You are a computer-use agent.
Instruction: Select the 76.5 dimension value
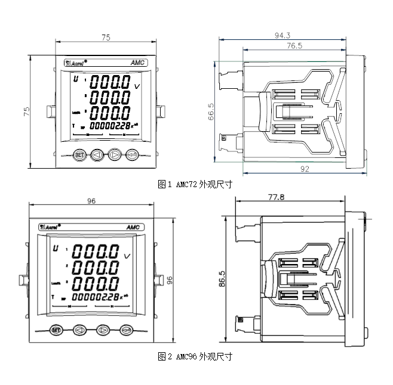click(294, 45)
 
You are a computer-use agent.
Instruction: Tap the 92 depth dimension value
click(305, 169)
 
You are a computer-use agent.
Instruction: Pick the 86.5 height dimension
click(222, 278)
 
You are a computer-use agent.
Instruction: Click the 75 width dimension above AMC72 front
click(106, 37)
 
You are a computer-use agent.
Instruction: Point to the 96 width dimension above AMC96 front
click(91, 201)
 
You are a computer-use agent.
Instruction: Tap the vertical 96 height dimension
click(170, 279)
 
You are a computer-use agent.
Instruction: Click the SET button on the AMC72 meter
click(79, 155)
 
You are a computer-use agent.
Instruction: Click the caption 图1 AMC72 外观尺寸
click(194, 185)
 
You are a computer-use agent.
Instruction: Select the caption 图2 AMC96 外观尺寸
click(194, 356)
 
